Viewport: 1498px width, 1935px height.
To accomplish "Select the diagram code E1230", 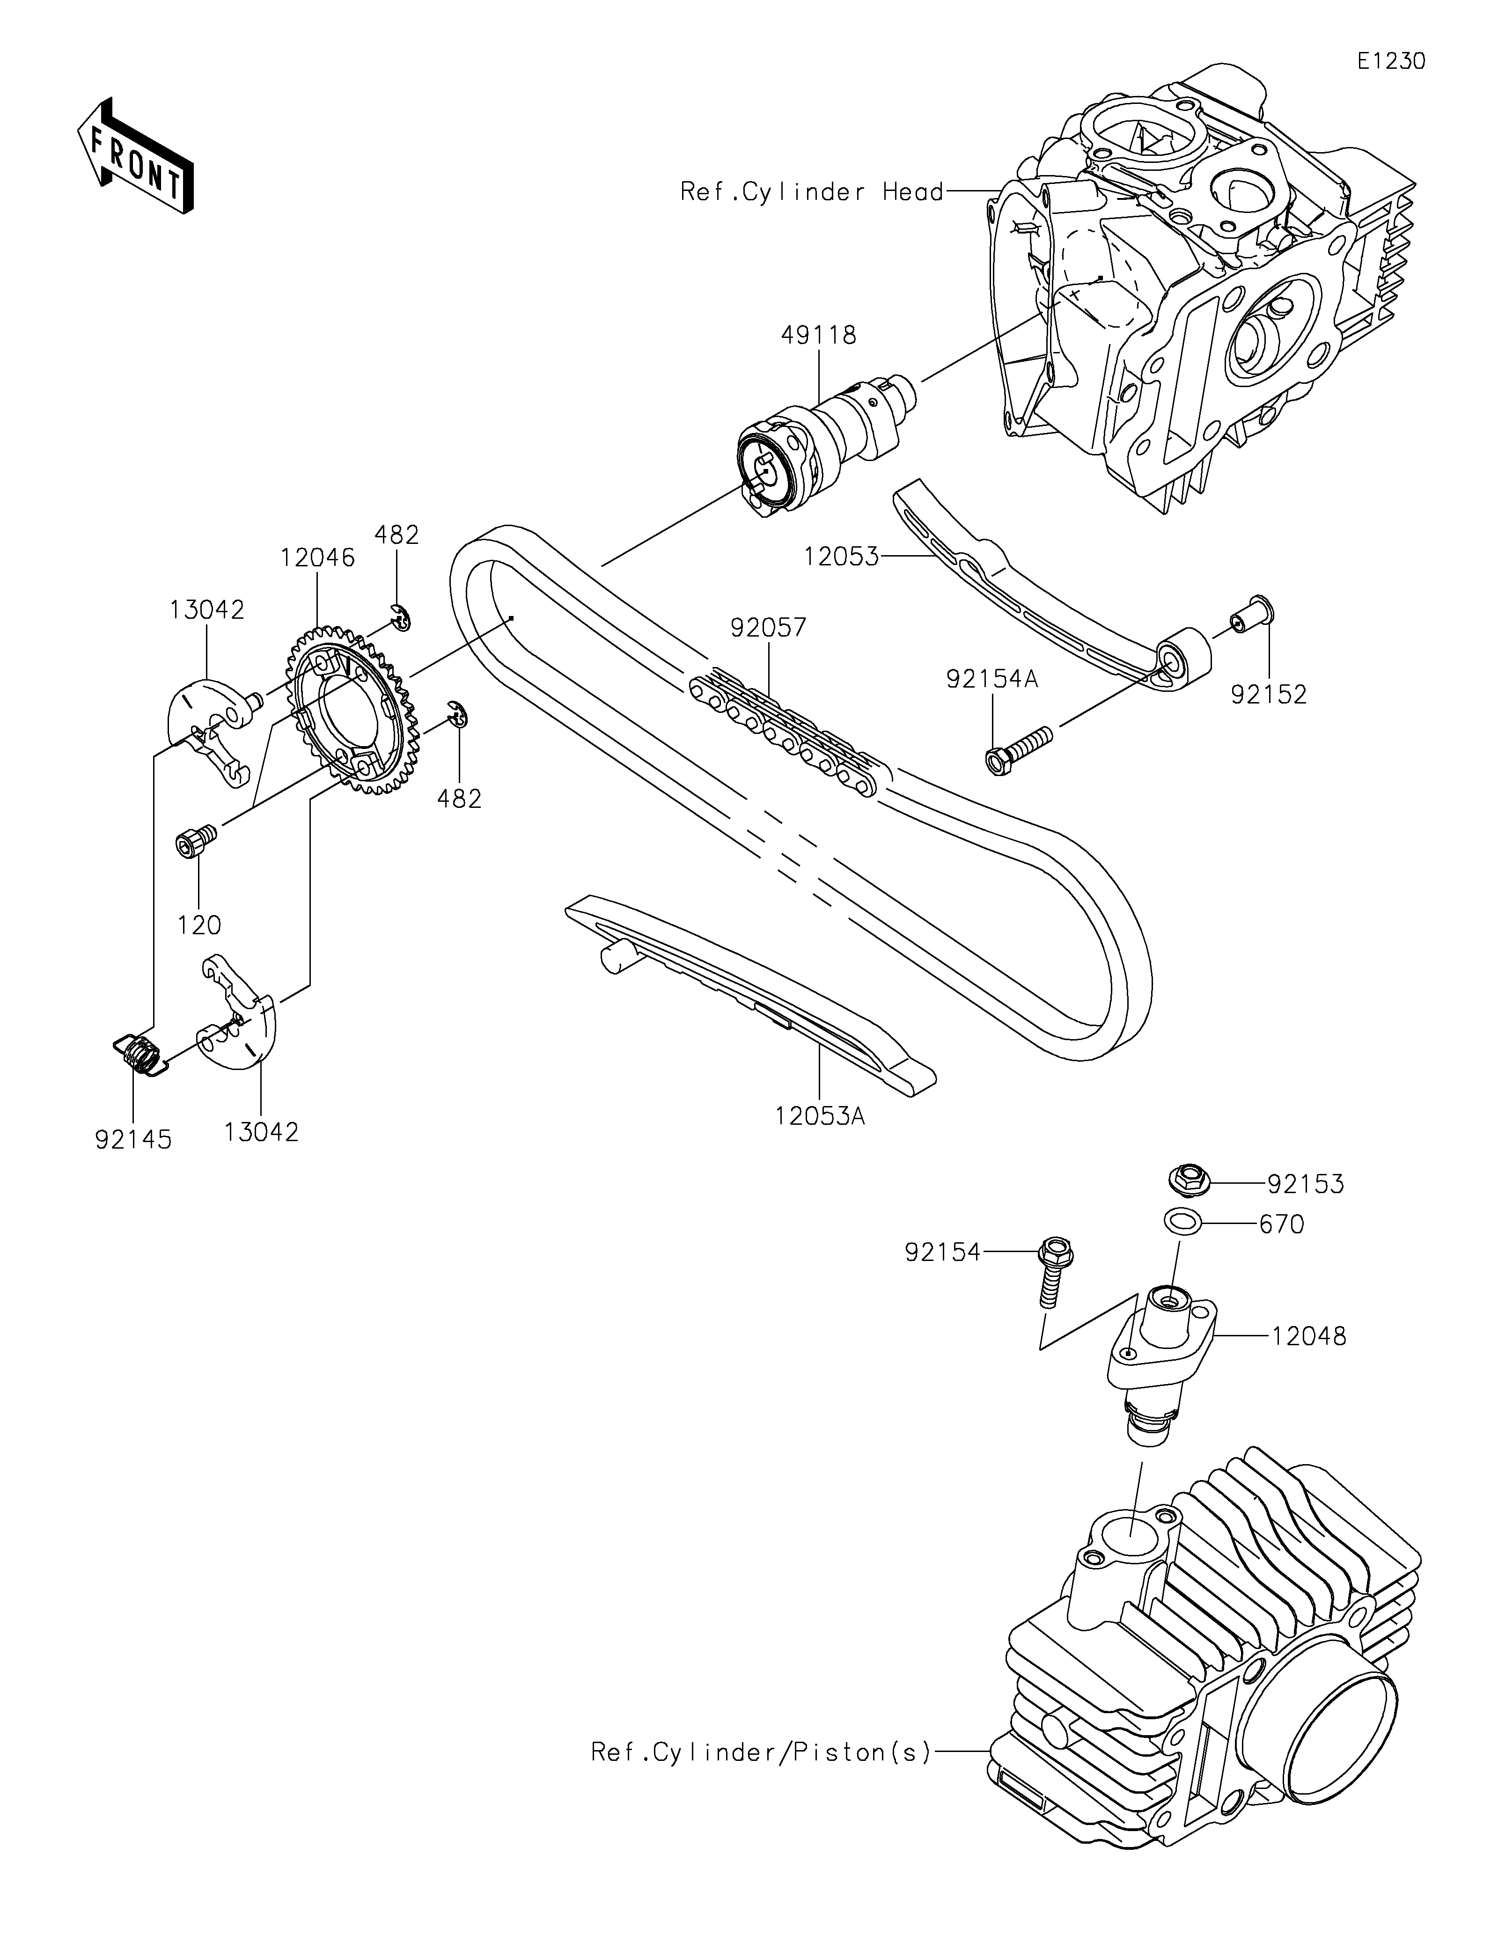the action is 1392,61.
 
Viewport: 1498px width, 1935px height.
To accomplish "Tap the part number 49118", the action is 819,336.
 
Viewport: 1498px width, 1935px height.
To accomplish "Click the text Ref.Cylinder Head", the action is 811,192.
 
